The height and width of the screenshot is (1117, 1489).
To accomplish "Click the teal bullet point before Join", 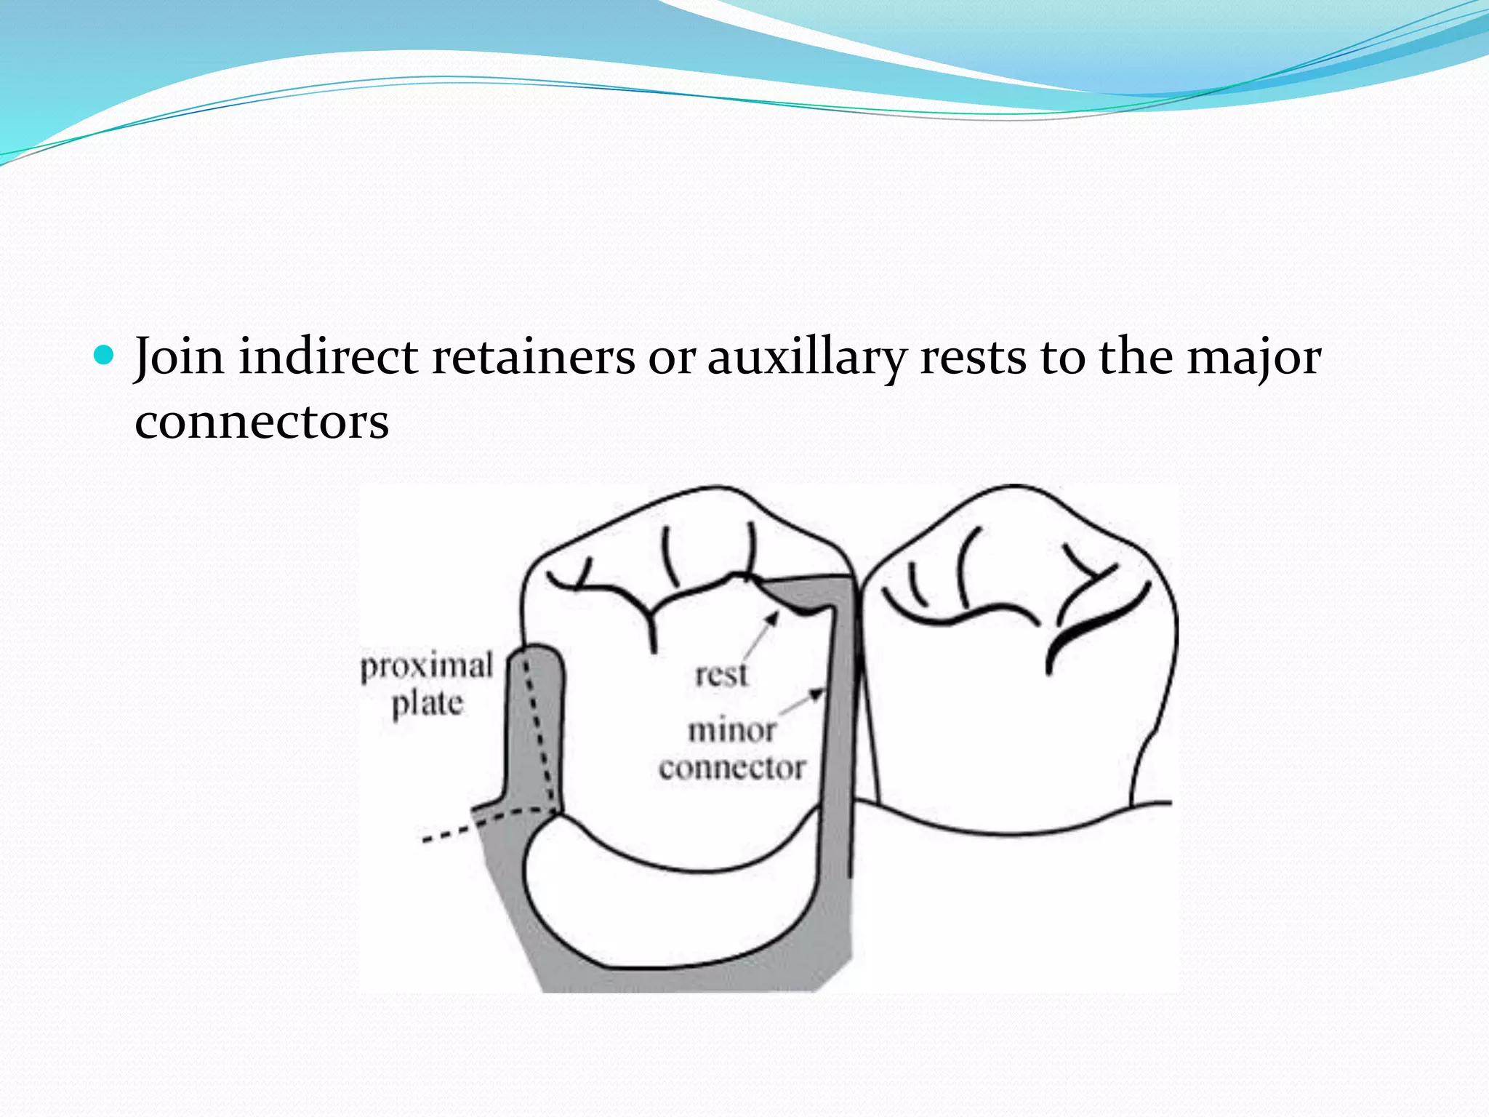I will [x=105, y=355].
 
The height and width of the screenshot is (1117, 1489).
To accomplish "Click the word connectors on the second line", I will [x=262, y=422].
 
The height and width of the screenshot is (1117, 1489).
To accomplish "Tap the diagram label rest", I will [x=721, y=675].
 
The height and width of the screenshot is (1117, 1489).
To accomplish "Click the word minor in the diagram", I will [x=732, y=730].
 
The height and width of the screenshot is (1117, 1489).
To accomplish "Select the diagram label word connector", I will [x=732, y=768].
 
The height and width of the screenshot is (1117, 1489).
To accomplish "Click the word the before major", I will [x=1136, y=357].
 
